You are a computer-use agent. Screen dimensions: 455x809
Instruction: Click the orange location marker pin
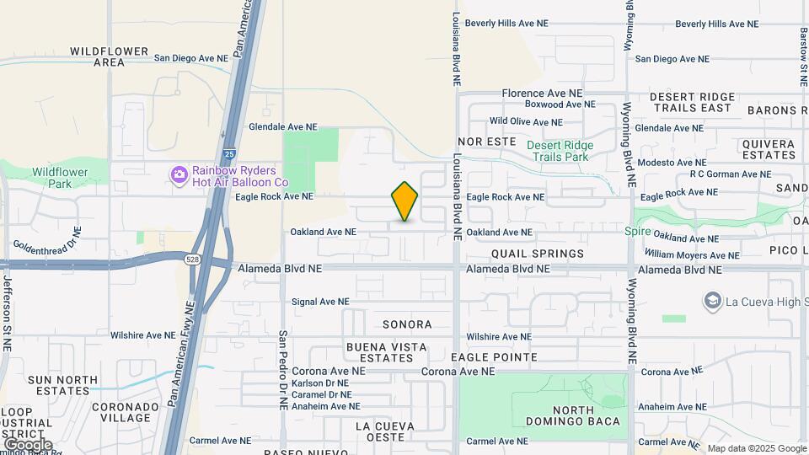[404, 201]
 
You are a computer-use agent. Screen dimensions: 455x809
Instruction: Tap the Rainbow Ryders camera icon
[179, 175]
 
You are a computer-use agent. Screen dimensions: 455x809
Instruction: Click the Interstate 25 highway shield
[230, 154]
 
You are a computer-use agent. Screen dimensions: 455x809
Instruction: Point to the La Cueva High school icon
[713, 301]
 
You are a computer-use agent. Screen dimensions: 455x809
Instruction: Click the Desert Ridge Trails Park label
[560, 151]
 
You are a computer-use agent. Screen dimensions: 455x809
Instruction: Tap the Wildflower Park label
[60, 178]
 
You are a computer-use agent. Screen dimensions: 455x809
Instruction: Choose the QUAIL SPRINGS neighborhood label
[538, 254]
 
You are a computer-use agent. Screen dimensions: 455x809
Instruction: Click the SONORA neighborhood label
[407, 324]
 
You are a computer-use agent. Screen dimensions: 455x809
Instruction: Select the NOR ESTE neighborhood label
[486, 142]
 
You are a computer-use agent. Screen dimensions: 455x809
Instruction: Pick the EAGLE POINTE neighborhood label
[494, 357]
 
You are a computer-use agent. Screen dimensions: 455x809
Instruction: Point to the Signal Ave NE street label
[319, 302]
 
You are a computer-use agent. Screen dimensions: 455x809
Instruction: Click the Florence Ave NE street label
[542, 94]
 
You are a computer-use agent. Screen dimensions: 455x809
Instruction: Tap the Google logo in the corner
[28, 444]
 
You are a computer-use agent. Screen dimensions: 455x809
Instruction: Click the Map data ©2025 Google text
[756, 448]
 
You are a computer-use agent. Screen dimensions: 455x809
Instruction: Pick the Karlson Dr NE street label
[321, 383]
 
